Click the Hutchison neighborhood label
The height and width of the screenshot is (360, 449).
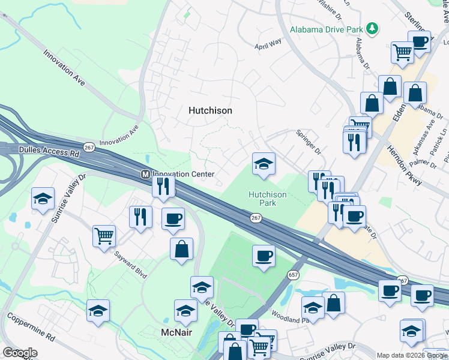210,110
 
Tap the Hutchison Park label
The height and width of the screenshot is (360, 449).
268,199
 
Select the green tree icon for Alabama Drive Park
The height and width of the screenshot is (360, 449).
373,28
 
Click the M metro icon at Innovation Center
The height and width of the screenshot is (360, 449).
145,175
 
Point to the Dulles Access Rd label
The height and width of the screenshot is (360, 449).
41,153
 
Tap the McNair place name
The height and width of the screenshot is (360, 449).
176,332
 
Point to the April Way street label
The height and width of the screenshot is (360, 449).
268,44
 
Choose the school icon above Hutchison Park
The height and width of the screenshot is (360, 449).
263,164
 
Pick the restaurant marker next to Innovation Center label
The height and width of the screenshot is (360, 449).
163,185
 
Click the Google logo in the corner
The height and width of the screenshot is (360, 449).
20,353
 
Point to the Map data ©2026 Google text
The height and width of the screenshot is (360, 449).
412,355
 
